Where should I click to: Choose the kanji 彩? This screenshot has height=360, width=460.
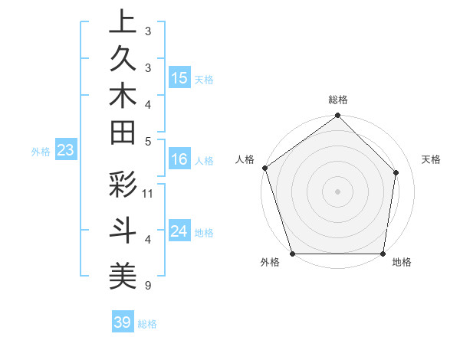[x=123, y=186]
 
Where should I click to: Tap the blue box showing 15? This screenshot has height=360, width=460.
[x=179, y=78]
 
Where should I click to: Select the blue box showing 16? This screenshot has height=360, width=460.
[x=179, y=159]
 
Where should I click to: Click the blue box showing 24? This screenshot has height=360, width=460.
[x=179, y=231]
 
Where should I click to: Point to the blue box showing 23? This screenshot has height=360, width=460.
[x=65, y=151]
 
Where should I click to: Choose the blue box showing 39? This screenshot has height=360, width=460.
[x=122, y=322]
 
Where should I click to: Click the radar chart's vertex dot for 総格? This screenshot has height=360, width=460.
[x=337, y=116]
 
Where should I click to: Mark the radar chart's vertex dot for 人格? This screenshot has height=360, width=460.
[x=264, y=168]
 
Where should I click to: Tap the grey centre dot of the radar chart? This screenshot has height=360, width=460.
[x=337, y=191]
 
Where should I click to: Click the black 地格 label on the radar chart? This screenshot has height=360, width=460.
[x=402, y=263]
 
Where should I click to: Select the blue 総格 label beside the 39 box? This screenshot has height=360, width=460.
[x=147, y=324]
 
